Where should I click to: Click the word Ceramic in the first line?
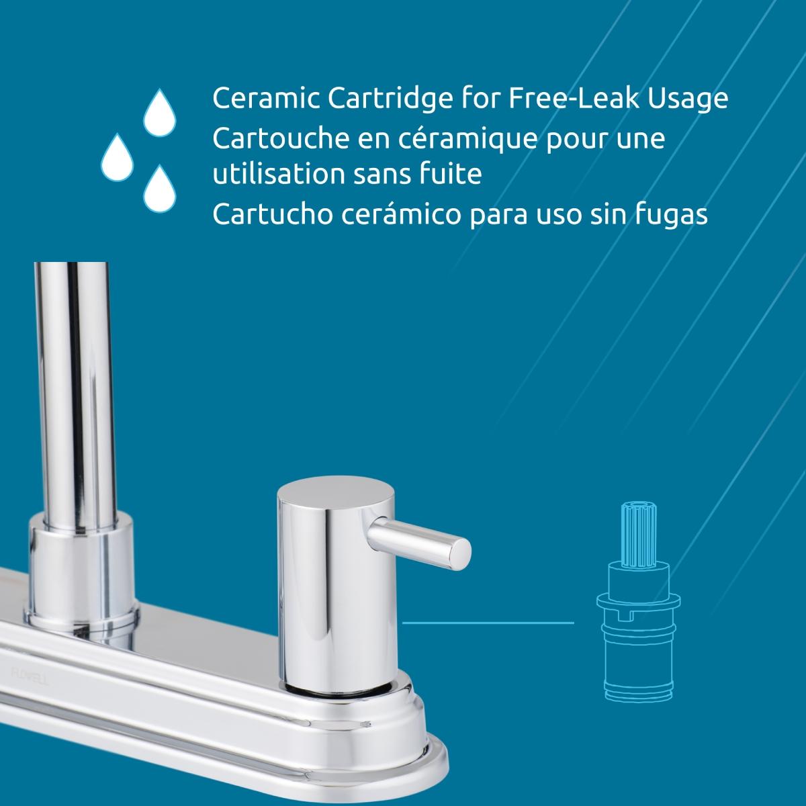coord(265,99)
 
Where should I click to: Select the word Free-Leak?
coord(574,98)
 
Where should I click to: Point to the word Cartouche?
coord(281,138)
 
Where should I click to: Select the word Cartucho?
coord(272,214)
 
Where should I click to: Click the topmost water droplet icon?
coord(159,113)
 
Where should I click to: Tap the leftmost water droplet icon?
coord(117,158)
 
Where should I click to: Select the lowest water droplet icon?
coord(159,189)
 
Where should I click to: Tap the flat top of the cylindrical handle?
coord(335,495)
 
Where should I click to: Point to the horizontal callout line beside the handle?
coord(488,623)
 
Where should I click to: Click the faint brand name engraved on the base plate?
coord(30,677)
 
